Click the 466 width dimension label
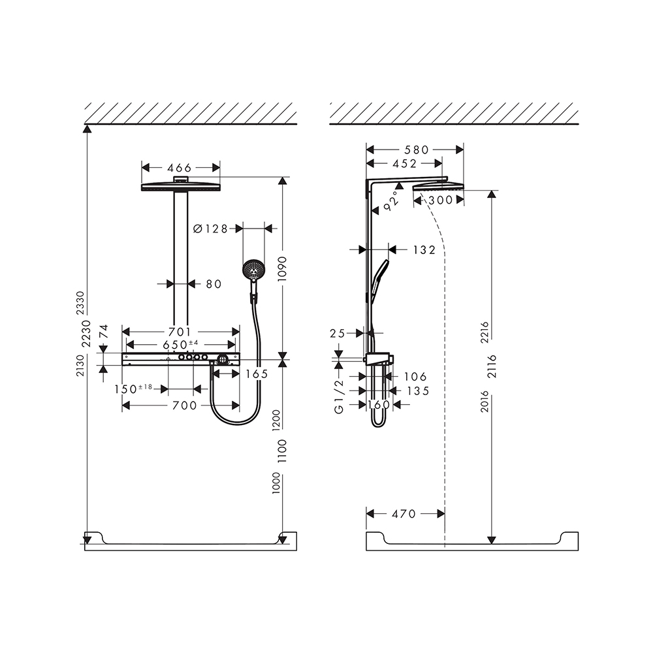coord(179,168)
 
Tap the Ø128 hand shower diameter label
coord(211,229)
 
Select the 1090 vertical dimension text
coord(282,269)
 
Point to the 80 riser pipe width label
coord(214,284)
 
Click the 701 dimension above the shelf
coord(180,332)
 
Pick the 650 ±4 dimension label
coord(180,345)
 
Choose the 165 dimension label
coord(257,374)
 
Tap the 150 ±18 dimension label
coord(134,389)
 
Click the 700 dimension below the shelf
coord(185,406)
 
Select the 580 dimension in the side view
coord(417,150)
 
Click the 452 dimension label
coord(404,164)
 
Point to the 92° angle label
coord(390,201)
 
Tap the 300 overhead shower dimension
coord(441,200)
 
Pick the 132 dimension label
coord(424,250)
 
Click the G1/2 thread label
coord(340,396)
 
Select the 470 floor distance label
coord(404,514)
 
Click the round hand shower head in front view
coord(253,270)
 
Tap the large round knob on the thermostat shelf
coord(223,359)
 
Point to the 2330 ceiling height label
coord(80,303)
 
